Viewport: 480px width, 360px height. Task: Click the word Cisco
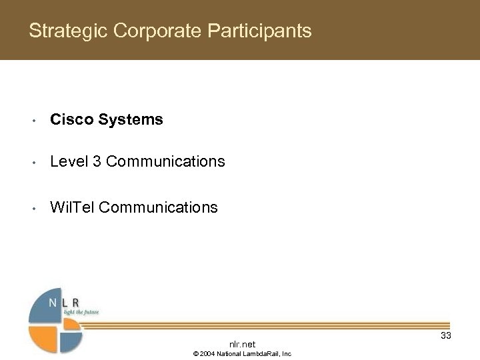tap(71, 120)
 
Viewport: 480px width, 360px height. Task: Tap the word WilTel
tap(72, 207)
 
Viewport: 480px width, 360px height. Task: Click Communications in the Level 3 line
tap(165, 161)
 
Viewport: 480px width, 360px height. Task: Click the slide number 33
tap(445, 335)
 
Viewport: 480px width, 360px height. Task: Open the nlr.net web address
tap(242, 343)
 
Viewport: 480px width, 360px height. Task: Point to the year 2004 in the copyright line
tap(207, 353)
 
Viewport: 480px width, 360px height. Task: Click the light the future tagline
tap(80, 311)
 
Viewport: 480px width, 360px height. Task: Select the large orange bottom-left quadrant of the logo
tap(44, 338)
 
